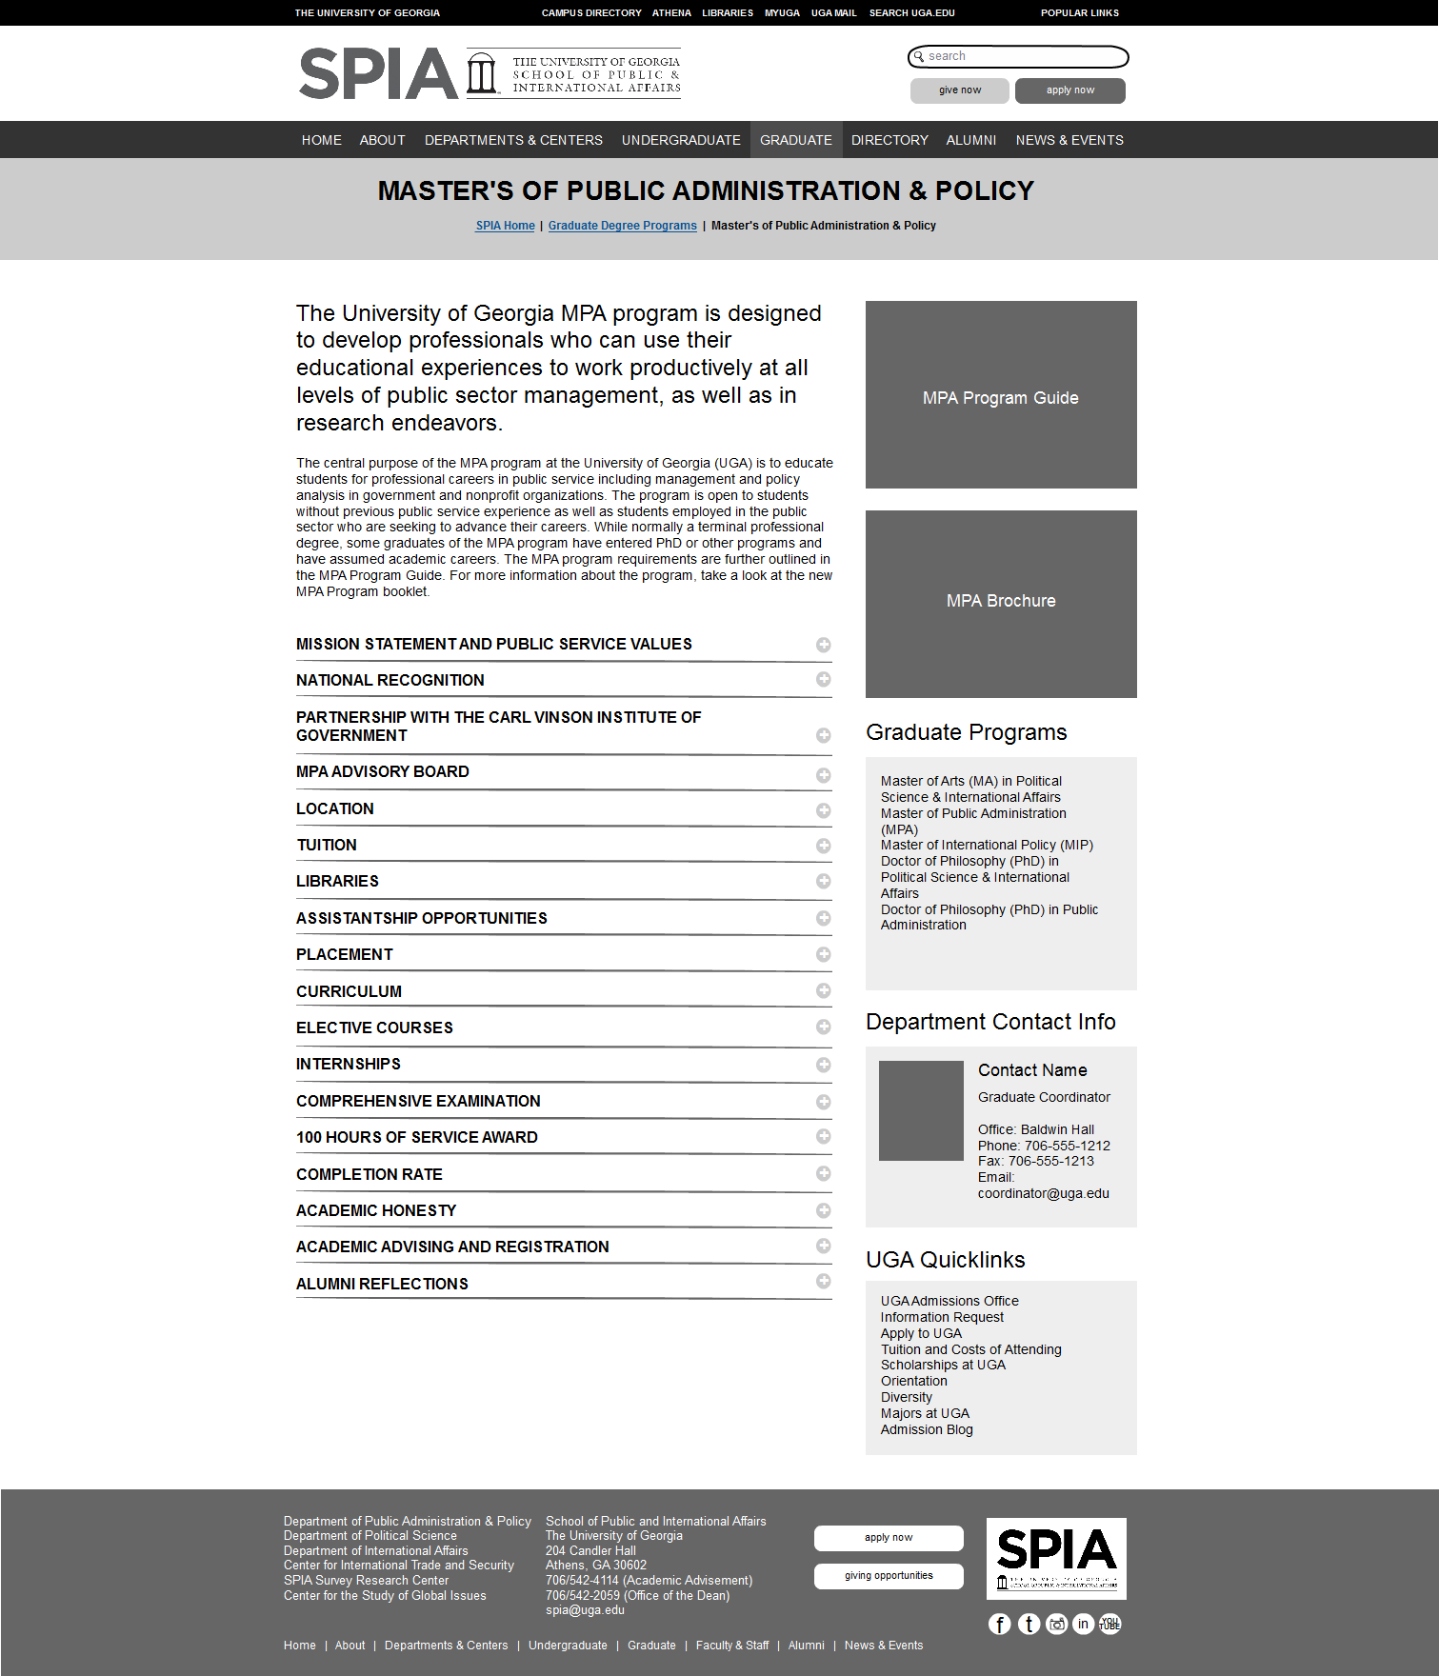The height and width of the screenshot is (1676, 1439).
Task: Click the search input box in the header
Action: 1024,57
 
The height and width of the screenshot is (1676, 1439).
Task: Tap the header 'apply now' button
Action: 1069,90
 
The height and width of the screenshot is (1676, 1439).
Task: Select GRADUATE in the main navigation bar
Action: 795,140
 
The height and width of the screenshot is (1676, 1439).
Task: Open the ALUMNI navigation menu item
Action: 970,140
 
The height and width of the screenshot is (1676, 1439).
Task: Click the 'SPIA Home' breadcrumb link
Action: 505,226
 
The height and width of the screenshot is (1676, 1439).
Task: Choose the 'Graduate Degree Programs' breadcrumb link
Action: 622,226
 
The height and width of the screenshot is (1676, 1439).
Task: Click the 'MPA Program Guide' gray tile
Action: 1000,395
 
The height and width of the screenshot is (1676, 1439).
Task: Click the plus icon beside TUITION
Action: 823,846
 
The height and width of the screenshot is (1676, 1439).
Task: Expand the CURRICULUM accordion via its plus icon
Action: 823,990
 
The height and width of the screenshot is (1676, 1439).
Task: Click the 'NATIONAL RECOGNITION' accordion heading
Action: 390,680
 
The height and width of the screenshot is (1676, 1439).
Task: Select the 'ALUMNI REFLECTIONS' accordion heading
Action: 382,1284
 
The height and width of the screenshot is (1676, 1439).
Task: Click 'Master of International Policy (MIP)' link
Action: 986,845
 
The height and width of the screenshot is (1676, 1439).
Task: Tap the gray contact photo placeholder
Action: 920,1110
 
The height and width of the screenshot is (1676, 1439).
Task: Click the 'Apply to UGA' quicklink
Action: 920,1333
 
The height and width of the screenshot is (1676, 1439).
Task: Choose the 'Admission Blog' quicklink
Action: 926,1429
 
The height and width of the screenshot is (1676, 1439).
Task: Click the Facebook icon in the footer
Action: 999,1624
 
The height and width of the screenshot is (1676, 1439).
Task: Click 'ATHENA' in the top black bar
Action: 671,13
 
